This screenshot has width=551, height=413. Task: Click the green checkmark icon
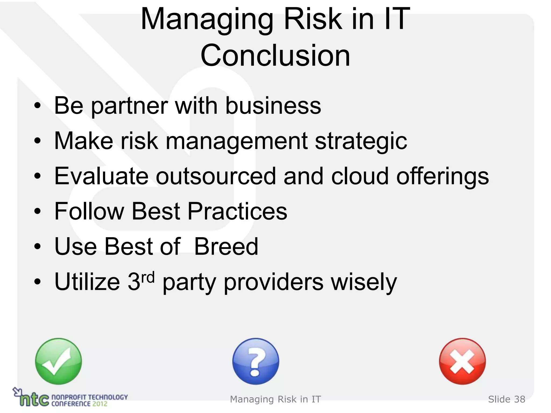pyautogui.click(x=58, y=361)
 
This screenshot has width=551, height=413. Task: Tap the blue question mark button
pyautogui.click(x=256, y=361)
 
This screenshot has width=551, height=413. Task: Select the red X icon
pyautogui.click(x=462, y=361)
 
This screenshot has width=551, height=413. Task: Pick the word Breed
pyautogui.click(x=226, y=247)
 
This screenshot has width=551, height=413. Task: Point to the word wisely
pyautogui.click(x=364, y=282)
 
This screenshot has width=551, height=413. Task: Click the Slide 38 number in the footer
pyautogui.click(x=506, y=399)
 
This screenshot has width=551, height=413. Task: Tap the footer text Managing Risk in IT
pyautogui.click(x=275, y=399)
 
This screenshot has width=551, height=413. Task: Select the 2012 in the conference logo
pyautogui.click(x=100, y=404)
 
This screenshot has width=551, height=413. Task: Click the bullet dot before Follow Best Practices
pyautogui.click(x=37, y=211)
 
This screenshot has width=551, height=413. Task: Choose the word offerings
pyautogui.click(x=442, y=177)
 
